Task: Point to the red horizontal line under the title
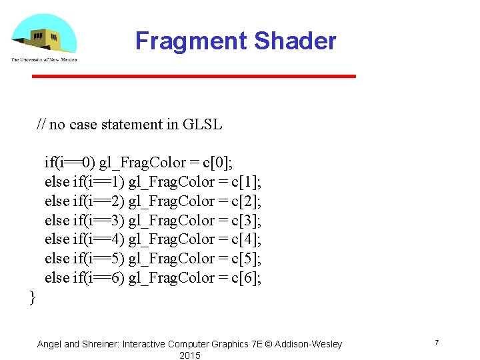coord(194,76)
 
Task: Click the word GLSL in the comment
coord(202,125)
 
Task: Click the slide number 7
coord(436,343)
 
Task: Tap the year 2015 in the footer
coord(189,355)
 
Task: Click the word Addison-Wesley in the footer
coord(309,344)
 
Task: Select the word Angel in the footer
coord(50,344)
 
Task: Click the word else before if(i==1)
coord(57,182)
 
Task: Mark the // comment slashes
coord(41,125)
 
